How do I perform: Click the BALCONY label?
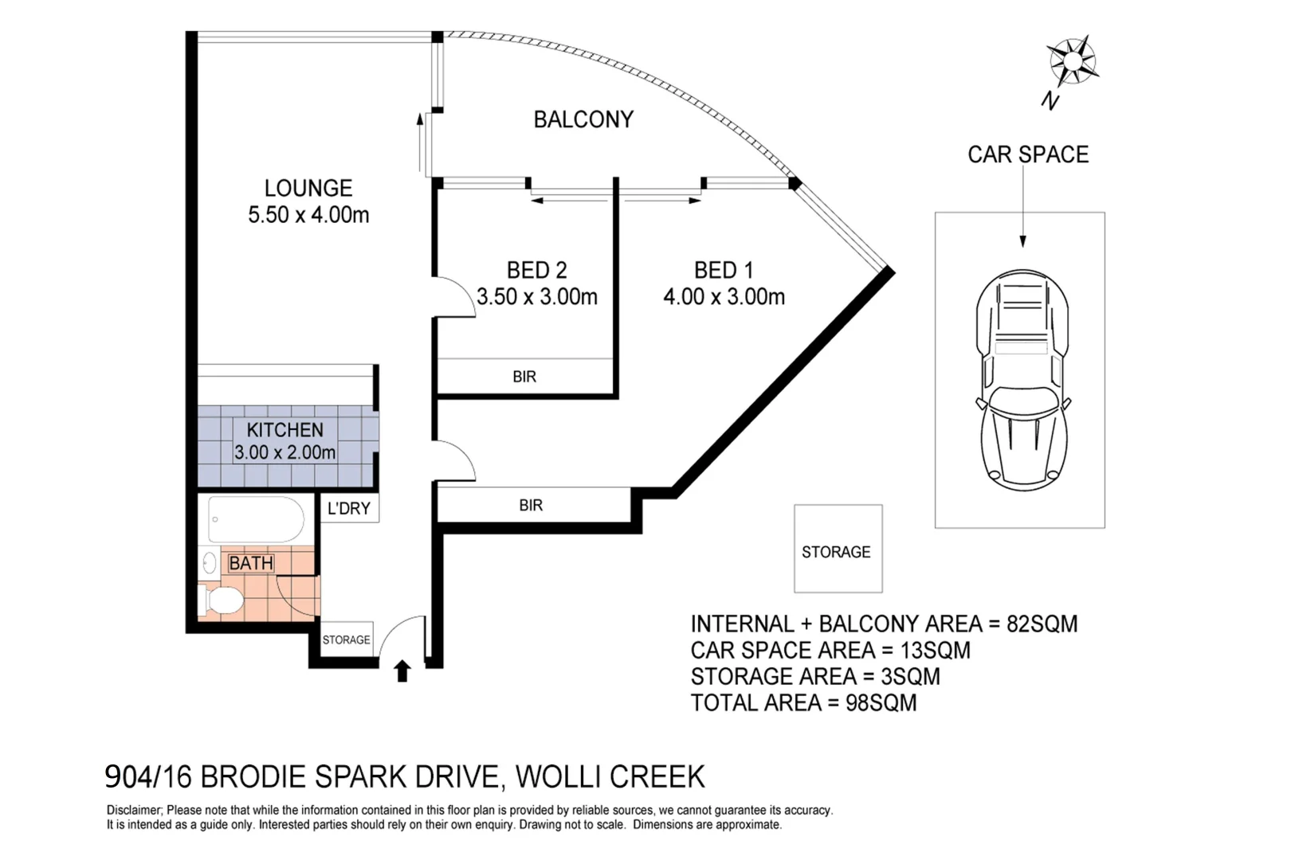click(583, 119)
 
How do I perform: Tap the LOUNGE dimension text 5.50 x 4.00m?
click(308, 215)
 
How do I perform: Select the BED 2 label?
click(536, 270)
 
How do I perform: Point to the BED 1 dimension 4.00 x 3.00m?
click(724, 297)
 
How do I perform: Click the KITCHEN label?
click(284, 430)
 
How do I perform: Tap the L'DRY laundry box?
click(349, 508)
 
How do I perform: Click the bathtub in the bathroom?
click(257, 519)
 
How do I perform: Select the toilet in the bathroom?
click(221, 600)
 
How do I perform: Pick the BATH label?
click(251, 563)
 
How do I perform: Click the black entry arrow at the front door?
click(402, 671)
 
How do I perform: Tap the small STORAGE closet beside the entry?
click(347, 639)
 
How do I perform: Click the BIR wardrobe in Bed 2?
click(524, 377)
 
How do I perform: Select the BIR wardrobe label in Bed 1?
click(531, 505)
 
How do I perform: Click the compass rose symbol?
click(1073, 61)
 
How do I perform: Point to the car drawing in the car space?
click(1022, 380)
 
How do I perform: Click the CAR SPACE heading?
click(1028, 154)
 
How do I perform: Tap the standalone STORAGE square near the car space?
click(838, 549)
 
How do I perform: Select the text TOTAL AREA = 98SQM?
click(803, 703)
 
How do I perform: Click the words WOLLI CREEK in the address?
click(610, 776)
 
